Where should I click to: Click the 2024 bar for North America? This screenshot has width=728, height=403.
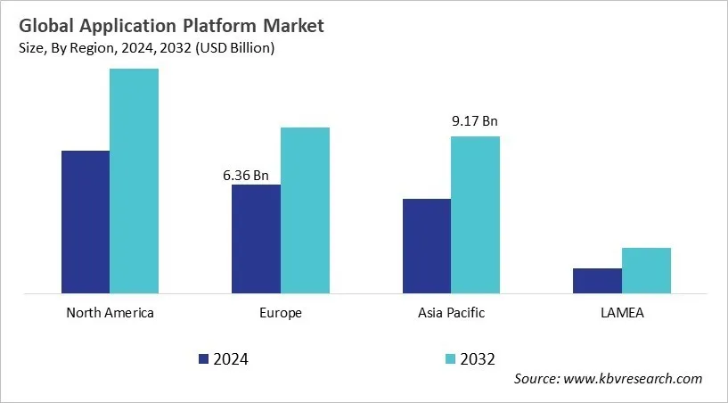[86, 221]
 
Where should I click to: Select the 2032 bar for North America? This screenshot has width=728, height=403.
[135, 180]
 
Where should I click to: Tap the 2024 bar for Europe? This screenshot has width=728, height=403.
[256, 238]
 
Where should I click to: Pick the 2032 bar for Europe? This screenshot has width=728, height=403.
[305, 210]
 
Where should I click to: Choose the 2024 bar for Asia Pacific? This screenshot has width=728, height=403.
[427, 245]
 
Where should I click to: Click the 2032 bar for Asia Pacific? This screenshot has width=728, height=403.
[475, 214]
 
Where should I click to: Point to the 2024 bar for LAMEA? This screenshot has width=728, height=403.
[597, 280]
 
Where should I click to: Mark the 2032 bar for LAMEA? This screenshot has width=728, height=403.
[646, 270]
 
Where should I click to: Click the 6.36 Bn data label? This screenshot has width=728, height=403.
[246, 176]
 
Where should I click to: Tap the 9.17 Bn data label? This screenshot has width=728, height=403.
[473, 122]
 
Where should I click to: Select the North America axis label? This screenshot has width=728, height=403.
[110, 313]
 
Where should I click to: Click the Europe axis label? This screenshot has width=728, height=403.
[281, 313]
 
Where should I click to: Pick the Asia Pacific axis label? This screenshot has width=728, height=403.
[451, 313]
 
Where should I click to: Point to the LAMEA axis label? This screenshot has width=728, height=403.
[622, 313]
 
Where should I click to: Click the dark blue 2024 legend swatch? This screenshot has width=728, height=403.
[204, 359]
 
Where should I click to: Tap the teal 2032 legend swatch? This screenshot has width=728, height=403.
[450, 359]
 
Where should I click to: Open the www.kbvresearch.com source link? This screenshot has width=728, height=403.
[634, 379]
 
